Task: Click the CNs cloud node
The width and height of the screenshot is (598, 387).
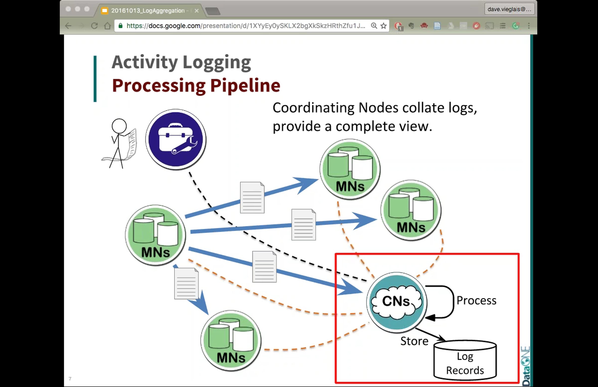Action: coord(396,302)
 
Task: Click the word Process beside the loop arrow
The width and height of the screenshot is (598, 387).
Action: coord(476,301)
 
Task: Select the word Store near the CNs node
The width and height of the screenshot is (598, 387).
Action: coord(414,341)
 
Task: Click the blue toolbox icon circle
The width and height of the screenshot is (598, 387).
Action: coord(176,140)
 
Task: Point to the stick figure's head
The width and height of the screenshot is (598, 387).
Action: coord(119,126)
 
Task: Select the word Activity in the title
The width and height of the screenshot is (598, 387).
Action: coord(145,62)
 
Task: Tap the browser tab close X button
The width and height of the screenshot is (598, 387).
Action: coord(197,10)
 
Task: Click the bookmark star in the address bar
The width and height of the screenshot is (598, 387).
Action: coord(383,26)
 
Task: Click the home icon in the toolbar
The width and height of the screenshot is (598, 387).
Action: coord(108,26)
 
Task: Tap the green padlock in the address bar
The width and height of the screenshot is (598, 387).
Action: coord(121,26)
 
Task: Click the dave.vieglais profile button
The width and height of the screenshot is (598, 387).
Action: coord(509,9)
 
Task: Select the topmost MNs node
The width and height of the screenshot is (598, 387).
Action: coord(350,169)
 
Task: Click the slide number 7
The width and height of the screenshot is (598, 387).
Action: coord(70,379)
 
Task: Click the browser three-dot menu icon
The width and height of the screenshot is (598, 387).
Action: coord(529,26)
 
